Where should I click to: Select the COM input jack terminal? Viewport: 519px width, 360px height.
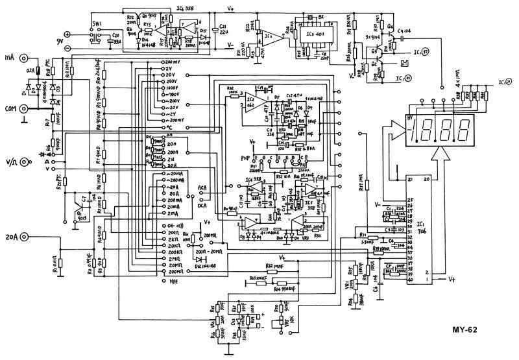pyautogui.click(x=25, y=109)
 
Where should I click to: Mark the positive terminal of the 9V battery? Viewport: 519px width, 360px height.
pyautogui.click(x=67, y=34)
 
